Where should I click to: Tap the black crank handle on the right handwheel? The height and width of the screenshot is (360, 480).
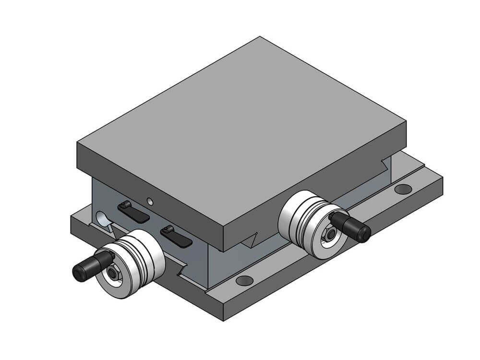(352, 226)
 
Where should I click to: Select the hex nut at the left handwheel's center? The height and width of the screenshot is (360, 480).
(113, 274)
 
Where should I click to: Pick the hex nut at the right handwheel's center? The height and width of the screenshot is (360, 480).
(332, 234)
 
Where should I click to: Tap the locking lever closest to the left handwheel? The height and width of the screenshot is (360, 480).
(176, 236)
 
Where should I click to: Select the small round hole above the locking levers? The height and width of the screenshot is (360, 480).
(150, 201)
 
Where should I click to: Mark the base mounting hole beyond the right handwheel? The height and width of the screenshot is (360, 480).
(403, 189)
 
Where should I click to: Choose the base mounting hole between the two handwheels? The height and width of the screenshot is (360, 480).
(244, 280)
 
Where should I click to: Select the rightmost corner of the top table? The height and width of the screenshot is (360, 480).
(406, 122)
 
